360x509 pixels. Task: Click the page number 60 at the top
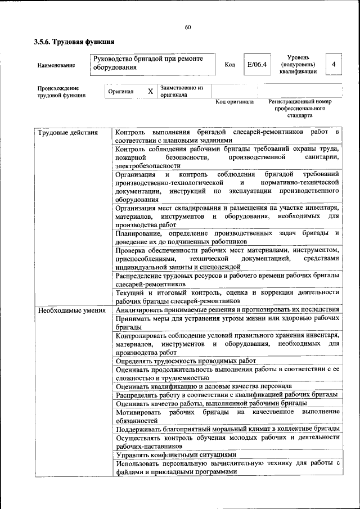coord(188,27)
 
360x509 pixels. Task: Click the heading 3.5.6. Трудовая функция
coord(74,41)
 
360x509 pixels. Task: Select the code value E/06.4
coord(256,64)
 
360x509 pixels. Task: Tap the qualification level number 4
coord(334,64)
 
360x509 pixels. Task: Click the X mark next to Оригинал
coord(150,91)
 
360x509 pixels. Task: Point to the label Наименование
coord(56,65)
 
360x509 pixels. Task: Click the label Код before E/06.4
coord(229,65)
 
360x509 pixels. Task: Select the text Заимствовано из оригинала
coord(181,92)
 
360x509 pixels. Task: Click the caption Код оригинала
coord(235,102)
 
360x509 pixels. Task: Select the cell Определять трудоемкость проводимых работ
coord(186,361)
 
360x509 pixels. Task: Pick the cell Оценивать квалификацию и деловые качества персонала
coord(204,386)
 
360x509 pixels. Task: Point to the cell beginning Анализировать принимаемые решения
coord(227,310)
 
